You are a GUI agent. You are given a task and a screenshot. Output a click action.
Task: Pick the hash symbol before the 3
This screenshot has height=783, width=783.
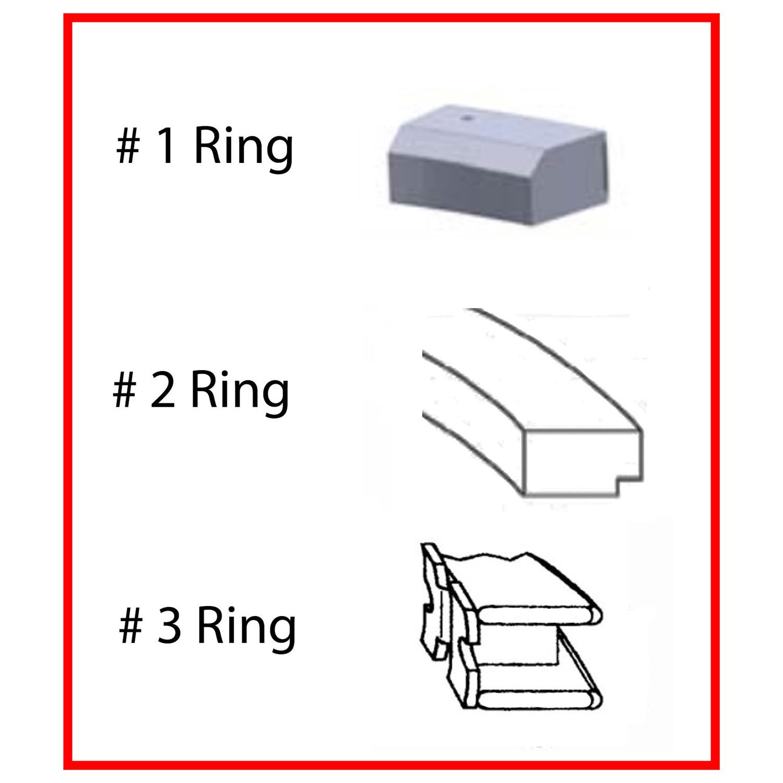pos(130,626)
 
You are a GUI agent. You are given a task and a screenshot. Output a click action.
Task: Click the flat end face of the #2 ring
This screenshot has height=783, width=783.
pos(583,462)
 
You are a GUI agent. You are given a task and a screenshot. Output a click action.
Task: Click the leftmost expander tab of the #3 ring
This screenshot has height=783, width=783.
pos(433,600)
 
